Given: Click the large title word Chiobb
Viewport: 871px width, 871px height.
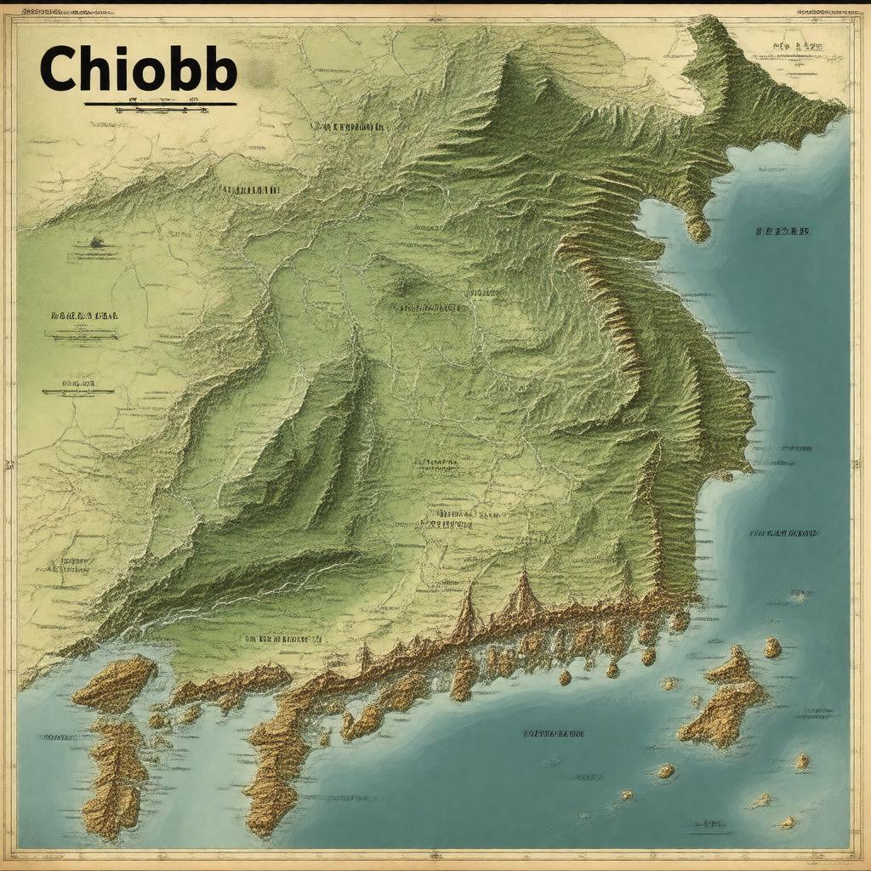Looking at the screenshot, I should point(137,69).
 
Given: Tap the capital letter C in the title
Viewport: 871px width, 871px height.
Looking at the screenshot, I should point(61,69).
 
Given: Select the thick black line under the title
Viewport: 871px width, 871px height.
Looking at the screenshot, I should point(160,105).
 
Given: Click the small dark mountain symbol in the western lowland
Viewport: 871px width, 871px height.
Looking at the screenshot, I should point(95,242).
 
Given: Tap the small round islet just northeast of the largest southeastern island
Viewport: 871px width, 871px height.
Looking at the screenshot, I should point(772,648).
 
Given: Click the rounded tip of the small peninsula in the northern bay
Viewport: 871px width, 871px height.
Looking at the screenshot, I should point(698,228).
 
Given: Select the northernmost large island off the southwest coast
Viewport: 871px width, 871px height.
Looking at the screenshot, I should point(114,682).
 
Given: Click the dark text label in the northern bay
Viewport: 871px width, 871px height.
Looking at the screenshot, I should point(783,231).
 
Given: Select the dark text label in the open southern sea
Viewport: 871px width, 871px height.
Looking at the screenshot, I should point(555,732).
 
